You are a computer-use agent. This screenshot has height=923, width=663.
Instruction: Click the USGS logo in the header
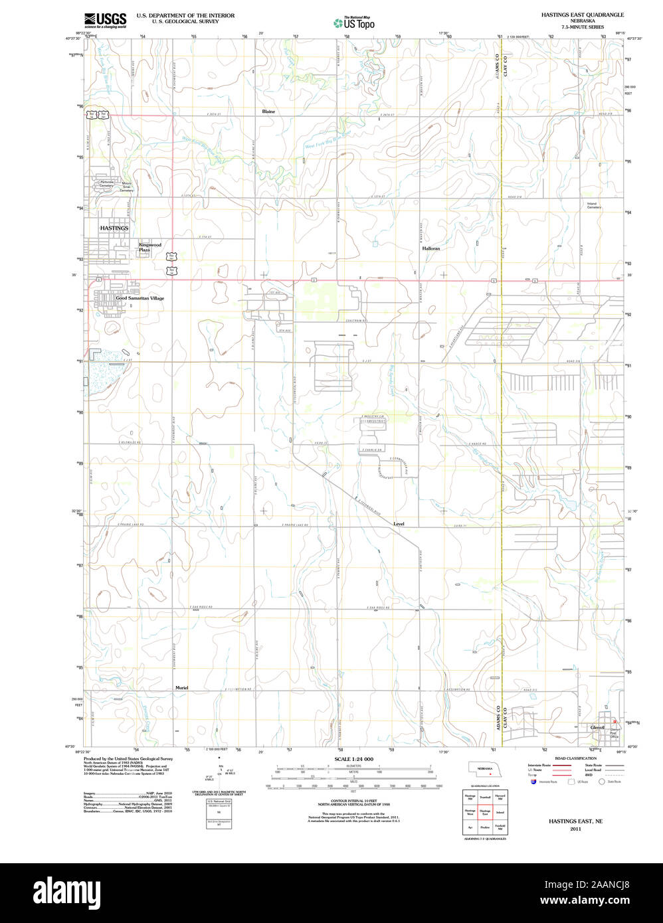[105, 19]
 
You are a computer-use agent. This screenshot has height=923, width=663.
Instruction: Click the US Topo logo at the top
[354, 23]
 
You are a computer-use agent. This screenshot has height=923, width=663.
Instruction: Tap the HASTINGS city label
[114, 228]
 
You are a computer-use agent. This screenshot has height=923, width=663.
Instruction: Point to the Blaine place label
[268, 112]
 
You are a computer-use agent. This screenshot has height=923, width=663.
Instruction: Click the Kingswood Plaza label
[149, 247]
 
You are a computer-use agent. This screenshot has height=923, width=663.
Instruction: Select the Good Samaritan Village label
[140, 298]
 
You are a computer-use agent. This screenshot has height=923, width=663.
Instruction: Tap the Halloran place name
[431, 248]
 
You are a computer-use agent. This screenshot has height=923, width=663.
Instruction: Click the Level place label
[399, 524]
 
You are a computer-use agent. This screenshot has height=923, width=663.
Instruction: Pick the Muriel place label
[182, 687]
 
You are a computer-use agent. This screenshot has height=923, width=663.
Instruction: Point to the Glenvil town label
[597, 727]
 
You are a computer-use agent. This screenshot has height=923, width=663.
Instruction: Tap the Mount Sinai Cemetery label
[126, 187]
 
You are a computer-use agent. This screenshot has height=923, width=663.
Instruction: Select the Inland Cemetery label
[594, 206]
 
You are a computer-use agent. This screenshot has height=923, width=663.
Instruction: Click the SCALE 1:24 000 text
[353, 759]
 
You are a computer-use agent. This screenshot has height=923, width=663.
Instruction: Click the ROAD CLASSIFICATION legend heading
[575, 758]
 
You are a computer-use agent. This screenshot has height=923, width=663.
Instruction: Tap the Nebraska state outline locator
[484, 769]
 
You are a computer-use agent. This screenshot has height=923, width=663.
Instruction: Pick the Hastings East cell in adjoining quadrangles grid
[485, 811]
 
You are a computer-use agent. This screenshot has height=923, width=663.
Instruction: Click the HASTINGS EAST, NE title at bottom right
[575, 821]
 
